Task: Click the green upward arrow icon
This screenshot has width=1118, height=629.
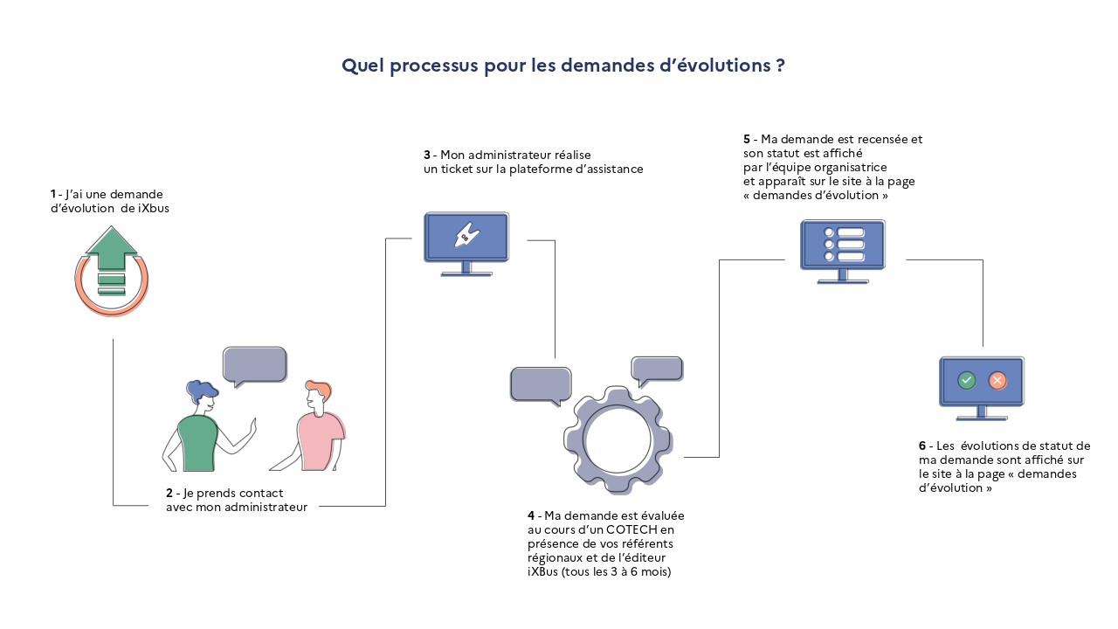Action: pos(111,249)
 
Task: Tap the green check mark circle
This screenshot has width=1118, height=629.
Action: pos(967,381)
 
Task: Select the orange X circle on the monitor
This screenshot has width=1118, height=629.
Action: pos(997,381)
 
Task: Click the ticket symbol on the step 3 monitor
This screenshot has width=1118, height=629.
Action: pos(466,236)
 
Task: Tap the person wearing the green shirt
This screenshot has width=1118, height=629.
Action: pos(198,428)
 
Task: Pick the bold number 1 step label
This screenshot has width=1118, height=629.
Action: pos(53,194)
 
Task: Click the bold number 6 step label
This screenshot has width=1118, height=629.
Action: pos(922,446)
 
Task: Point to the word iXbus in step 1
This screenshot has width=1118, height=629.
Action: pos(154,208)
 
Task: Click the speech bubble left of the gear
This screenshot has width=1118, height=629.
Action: pos(541,384)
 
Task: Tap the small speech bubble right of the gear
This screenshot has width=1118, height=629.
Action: pos(657,370)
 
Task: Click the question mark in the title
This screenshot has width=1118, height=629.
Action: pos(779,66)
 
